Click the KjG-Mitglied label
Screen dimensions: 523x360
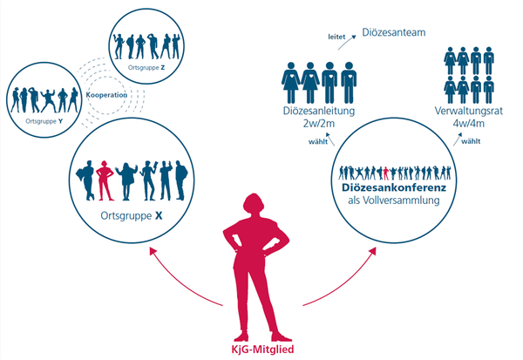(262, 350)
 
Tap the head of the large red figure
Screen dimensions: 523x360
(255, 203)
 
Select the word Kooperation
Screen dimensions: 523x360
(106, 95)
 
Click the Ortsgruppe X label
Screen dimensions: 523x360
(132, 216)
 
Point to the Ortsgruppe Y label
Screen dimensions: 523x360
(44, 121)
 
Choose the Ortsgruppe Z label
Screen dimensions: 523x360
(146, 68)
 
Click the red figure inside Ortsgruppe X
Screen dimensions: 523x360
(105, 180)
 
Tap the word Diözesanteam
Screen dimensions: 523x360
(394, 33)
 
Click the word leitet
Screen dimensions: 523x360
(336, 37)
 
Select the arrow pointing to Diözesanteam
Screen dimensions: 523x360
(347, 43)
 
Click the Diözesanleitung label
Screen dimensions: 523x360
(319, 111)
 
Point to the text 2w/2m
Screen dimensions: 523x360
(318, 124)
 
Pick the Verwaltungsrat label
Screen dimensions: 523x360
(469, 111)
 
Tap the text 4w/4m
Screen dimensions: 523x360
(469, 124)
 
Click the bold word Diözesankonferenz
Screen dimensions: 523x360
(394, 187)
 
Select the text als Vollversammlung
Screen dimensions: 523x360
(394, 200)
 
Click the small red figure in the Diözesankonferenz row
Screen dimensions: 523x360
(386, 173)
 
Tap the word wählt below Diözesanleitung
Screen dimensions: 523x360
(318, 141)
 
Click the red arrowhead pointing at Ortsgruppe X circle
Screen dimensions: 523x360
(153, 251)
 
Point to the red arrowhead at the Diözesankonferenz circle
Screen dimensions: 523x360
(372, 251)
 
